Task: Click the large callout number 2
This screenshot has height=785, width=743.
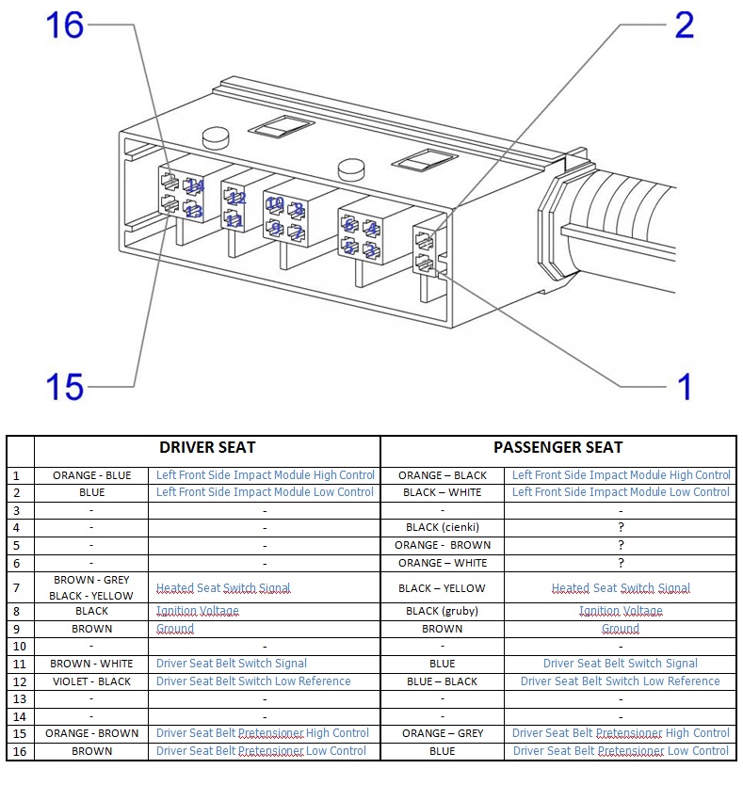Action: click(x=684, y=24)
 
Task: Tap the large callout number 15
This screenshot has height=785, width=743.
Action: click(x=65, y=386)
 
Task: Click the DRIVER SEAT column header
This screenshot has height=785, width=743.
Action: click(x=207, y=447)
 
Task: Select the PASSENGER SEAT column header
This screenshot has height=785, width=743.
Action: click(x=557, y=447)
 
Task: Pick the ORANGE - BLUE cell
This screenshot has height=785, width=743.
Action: click(x=91, y=475)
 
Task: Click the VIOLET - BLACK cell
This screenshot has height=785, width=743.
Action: click(x=91, y=681)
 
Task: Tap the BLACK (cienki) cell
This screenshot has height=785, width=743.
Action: click(x=442, y=528)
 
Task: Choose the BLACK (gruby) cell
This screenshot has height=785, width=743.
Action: click(x=442, y=611)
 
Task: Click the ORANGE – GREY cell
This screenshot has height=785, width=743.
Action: click(x=442, y=733)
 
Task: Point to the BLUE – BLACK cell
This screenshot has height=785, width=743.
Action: click(x=442, y=681)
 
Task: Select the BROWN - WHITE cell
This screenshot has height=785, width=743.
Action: click(x=91, y=664)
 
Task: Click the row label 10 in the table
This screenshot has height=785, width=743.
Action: click(x=16, y=647)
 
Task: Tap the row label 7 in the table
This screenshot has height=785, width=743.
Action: click(x=16, y=588)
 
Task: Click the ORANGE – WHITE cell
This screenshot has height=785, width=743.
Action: click(x=442, y=563)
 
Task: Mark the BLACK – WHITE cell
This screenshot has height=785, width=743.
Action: click(x=442, y=492)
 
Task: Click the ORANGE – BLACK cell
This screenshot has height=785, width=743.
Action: click(x=442, y=475)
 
